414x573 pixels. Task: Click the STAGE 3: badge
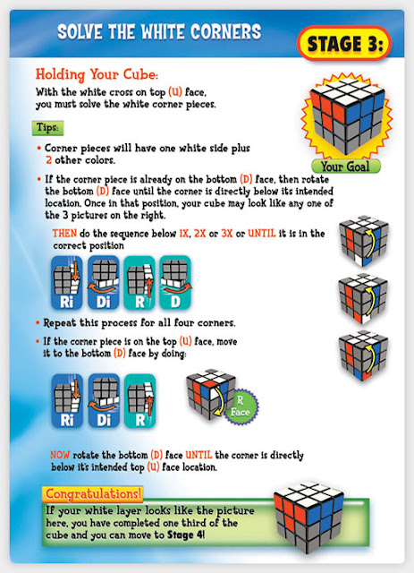click(344, 44)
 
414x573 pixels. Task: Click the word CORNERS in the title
click(226, 32)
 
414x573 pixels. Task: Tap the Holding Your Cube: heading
click(97, 74)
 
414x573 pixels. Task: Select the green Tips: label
click(47, 128)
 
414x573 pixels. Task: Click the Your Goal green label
click(346, 167)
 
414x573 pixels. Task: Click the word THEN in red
click(64, 233)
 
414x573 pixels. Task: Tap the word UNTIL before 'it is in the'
click(262, 233)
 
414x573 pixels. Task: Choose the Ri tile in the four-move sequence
click(67, 283)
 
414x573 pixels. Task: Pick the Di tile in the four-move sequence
click(104, 283)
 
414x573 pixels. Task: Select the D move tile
click(175, 283)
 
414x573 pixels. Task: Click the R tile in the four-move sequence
click(139, 283)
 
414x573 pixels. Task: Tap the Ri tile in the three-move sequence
click(67, 400)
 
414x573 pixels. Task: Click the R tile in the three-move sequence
click(139, 400)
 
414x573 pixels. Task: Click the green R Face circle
click(241, 406)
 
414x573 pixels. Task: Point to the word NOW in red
click(60, 455)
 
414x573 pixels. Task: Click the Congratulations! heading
click(93, 494)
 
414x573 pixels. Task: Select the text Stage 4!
click(186, 535)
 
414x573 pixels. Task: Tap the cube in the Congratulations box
click(308, 517)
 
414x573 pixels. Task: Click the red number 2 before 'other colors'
click(48, 160)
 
